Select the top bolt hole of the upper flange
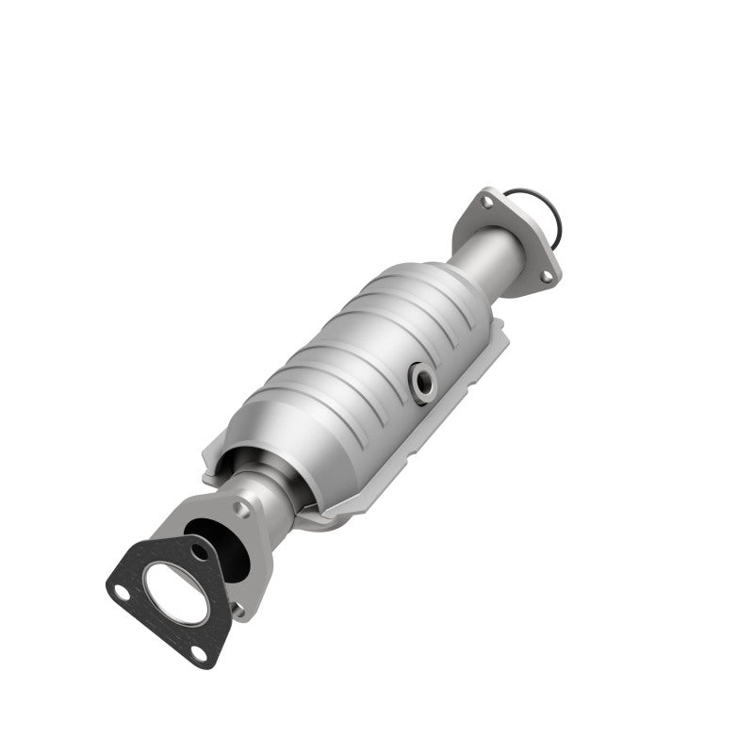(x=485, y=201)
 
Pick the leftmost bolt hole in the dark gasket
(x=120, y=591)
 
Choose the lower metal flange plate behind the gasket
(x=250, y=565)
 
